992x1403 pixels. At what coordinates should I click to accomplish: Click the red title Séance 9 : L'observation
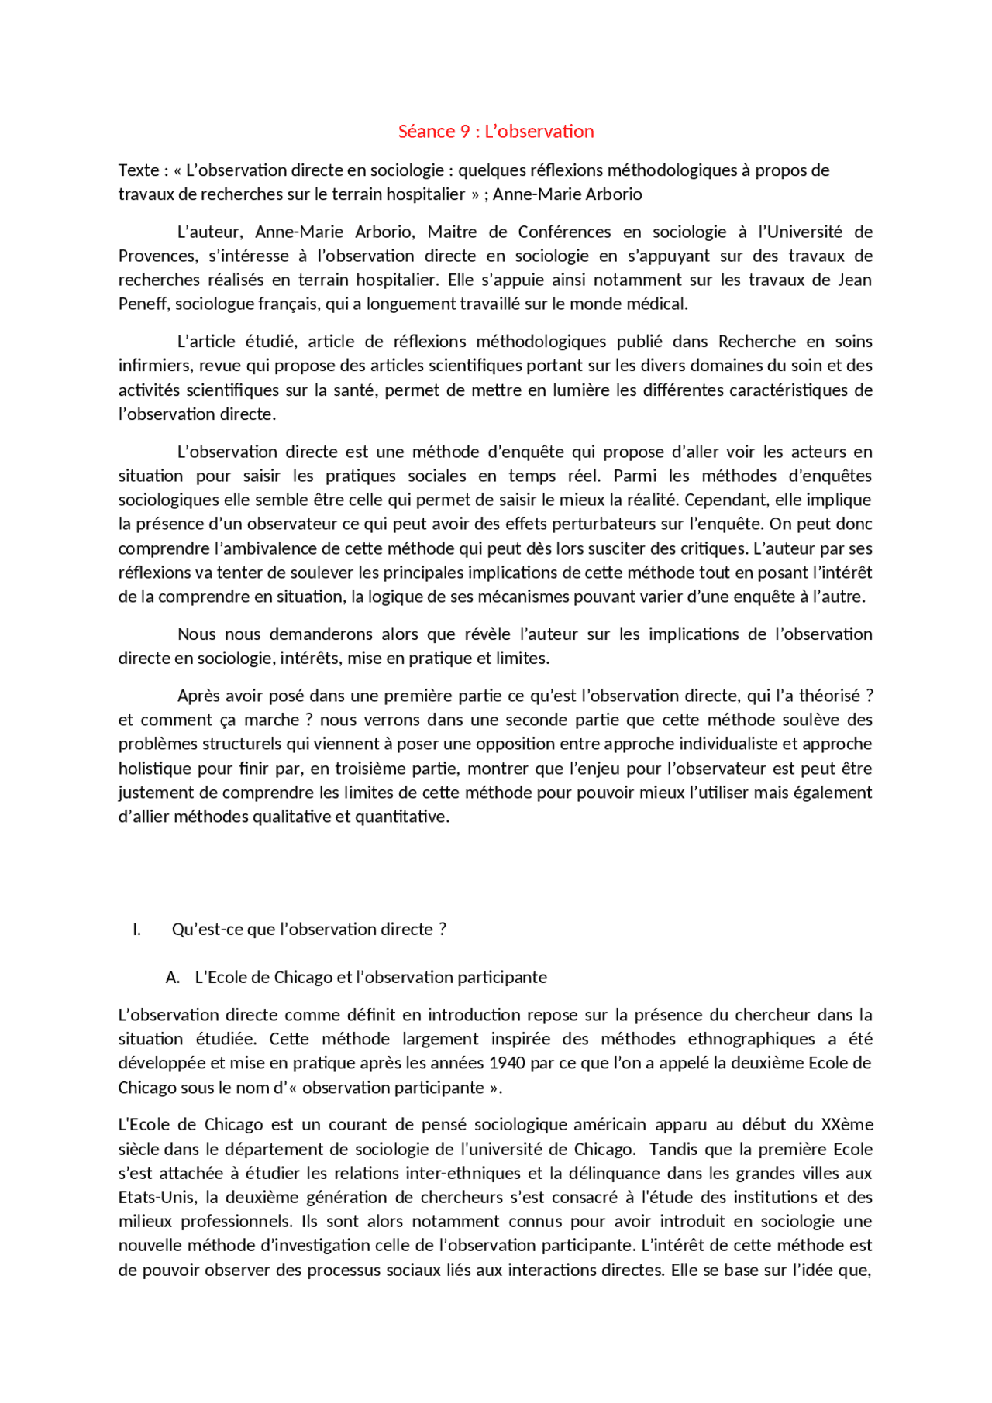496,132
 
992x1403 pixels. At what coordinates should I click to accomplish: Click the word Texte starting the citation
139,170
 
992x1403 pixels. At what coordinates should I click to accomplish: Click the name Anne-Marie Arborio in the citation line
567,194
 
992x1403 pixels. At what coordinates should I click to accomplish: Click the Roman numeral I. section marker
137,930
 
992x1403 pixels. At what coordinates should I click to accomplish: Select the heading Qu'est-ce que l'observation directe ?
309,930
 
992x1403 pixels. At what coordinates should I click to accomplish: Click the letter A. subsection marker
172,978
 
